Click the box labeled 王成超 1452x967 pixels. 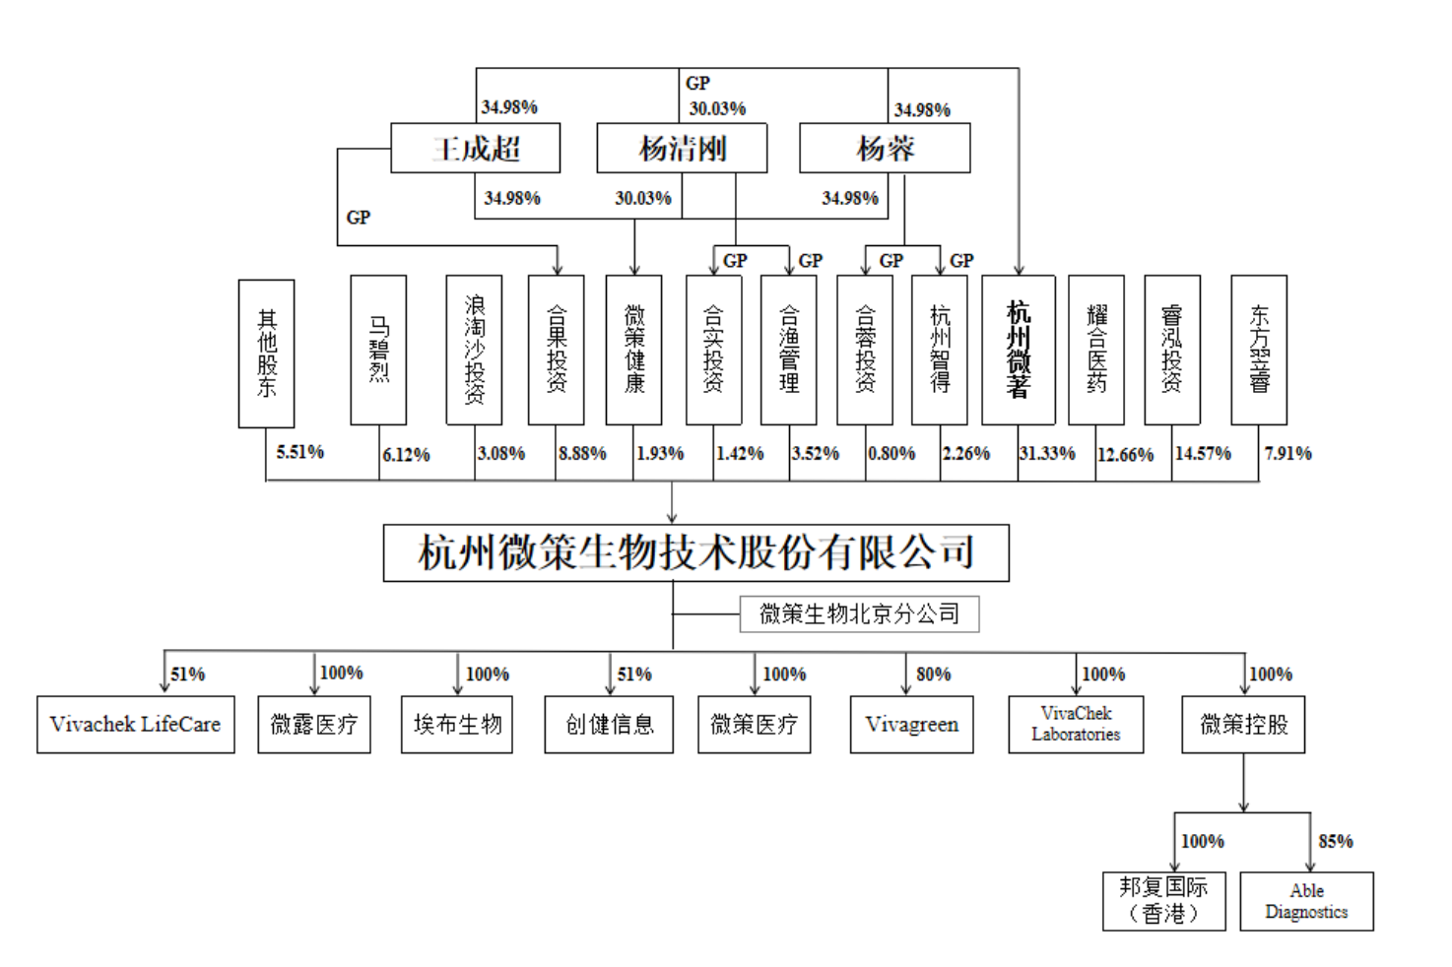[x=476, y=148]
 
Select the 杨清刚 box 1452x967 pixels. [x=682, y=148]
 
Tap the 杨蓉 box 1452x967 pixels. [x=885, y=148]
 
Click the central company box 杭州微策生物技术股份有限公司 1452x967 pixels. [x=695, y=552]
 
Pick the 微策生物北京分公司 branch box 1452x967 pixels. [x=859, y=614]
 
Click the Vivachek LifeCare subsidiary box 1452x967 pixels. [x=136, y=725]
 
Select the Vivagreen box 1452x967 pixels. [x=911, y=725]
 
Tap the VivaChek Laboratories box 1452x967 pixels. [x=1076, y=725]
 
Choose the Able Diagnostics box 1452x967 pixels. [x=1306, y=901]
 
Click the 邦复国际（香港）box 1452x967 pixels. [x=1163, y=901]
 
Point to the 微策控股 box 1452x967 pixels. [x=1243, y=725]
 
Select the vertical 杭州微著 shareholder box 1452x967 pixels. [x=1019, y=351]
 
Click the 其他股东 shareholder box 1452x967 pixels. [x=266, y=354]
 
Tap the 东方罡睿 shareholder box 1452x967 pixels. [x=1259, y=351]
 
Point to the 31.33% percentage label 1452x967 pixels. [x=1047, y=454]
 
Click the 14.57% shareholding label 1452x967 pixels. [x=1203, y=454]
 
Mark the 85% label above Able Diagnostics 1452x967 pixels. [x=1336, y=842]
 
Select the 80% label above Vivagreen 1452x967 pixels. [x=934, y=675]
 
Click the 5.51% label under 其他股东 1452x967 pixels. [x=300, y=452]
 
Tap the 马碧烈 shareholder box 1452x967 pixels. [x=378, y=351]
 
